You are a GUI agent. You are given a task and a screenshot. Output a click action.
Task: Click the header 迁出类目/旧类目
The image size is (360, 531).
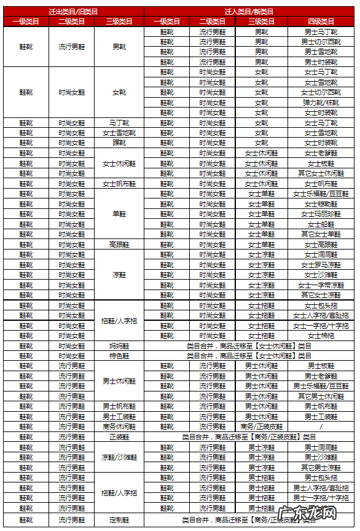(73, 12)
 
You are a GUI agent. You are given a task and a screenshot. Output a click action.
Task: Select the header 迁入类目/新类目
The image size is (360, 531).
(249, 12)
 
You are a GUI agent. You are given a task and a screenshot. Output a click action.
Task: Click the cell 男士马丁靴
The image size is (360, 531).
(321, 31)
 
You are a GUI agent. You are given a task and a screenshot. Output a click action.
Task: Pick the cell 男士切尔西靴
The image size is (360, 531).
(321, 42)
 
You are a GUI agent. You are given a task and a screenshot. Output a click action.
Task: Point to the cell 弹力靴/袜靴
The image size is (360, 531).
(321, 103)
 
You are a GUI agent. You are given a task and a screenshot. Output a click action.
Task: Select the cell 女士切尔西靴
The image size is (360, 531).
(321, 92)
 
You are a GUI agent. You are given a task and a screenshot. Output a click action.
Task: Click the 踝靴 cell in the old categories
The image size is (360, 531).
(119, 143)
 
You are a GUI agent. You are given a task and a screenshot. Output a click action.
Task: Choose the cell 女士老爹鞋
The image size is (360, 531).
(321, 153)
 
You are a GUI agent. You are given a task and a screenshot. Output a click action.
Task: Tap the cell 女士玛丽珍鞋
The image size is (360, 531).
(321, 214)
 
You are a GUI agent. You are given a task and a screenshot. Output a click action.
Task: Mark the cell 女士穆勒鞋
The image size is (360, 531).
(321, 204)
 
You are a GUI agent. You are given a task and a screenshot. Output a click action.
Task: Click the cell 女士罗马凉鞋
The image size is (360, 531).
(321, 265)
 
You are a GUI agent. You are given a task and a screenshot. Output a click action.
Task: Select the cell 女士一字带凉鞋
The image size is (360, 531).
(321, 285)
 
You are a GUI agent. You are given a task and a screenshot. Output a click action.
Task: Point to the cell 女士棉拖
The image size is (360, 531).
(321, 336)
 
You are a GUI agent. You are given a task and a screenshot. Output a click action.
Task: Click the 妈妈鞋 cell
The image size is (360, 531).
(119, 346)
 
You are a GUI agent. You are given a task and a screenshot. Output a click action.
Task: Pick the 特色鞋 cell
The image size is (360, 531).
(119, 356)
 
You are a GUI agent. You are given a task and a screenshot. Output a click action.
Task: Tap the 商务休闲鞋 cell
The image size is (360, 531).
(119, 427)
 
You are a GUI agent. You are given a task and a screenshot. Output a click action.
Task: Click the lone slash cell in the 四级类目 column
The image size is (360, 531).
(321, 427)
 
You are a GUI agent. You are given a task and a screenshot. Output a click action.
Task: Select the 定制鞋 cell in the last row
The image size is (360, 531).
(119, 520)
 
